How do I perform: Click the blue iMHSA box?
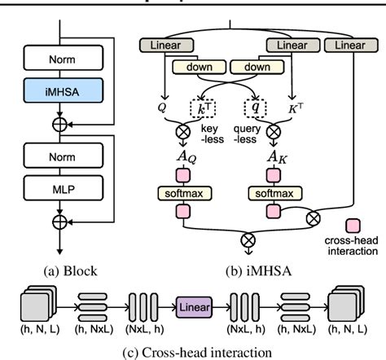pos(62,88)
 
